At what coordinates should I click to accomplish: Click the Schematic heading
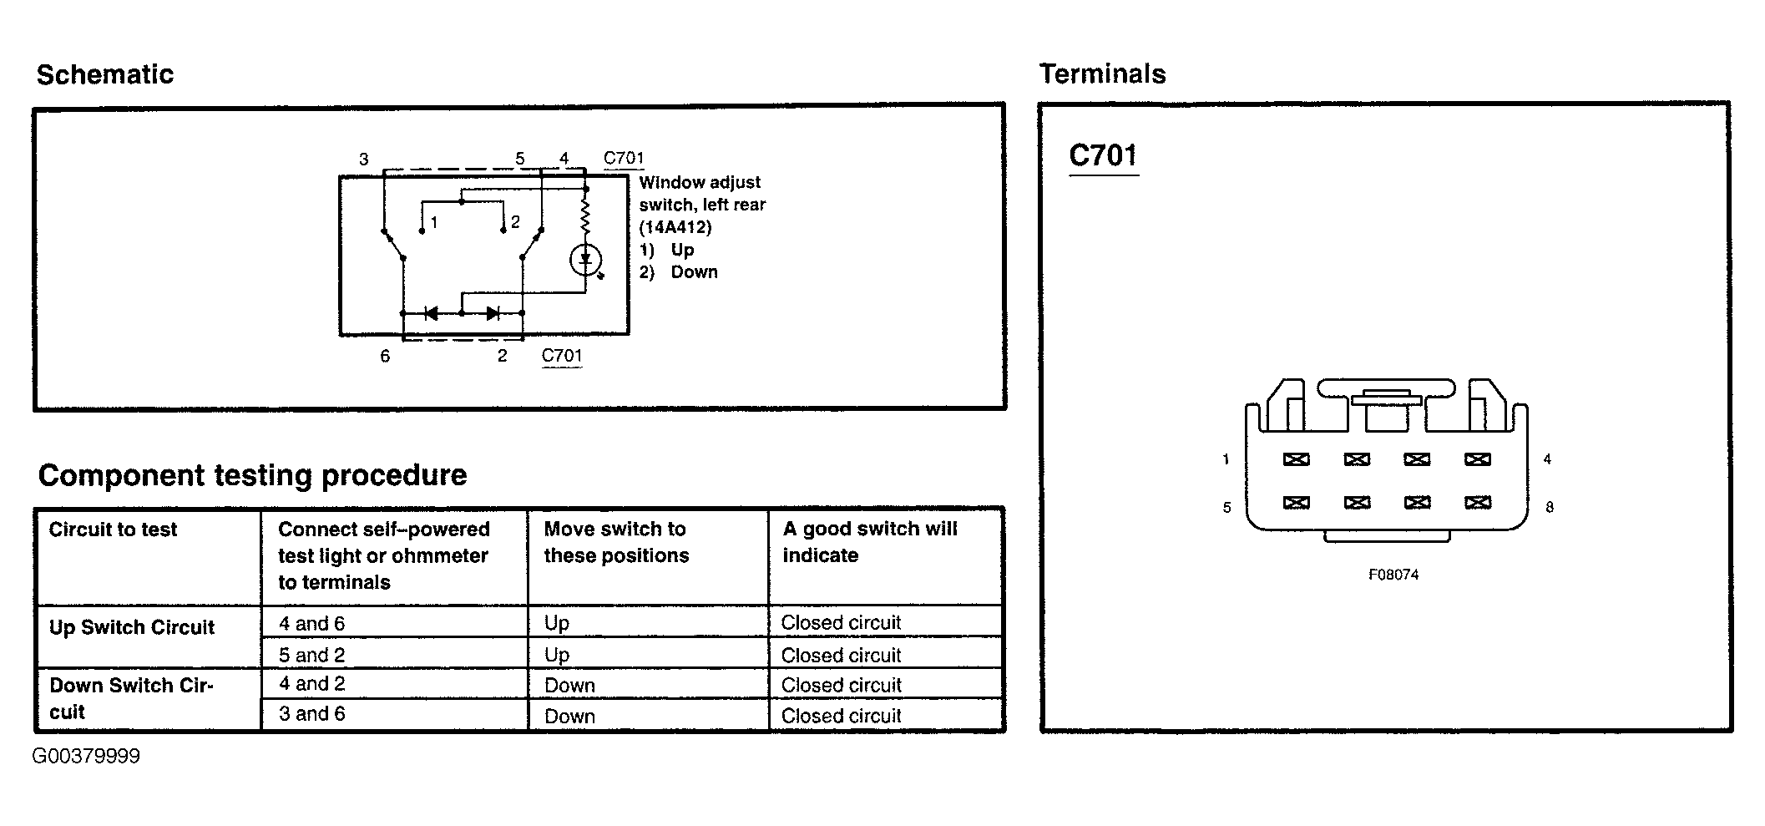[105, 74]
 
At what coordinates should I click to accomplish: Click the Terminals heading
[1102, 74]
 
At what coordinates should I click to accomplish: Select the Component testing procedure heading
[252, 475]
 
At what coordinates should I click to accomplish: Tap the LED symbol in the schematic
[585, 260]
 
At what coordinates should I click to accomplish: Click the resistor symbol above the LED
[585, 216]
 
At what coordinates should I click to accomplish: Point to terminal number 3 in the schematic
[364, 159]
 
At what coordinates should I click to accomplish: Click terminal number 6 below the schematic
[385, 356]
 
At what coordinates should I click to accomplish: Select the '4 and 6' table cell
[311, 623]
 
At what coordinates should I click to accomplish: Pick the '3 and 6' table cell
[311, 714]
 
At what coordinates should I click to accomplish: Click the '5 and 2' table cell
[311, 655]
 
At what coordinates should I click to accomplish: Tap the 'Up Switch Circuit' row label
[132, 627]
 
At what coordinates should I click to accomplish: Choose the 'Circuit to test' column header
[113, 530]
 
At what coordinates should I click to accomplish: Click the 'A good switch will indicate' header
[869, 542]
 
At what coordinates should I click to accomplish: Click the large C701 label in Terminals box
[1103, 156]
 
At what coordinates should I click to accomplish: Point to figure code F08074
[1393, 575]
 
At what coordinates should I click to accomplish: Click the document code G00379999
[86, 757]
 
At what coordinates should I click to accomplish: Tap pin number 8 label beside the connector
[1550, 507]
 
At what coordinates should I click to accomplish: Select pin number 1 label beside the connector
[1226, 459]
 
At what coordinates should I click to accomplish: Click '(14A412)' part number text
[675, 227]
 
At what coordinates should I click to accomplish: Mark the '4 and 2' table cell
[311, 684]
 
